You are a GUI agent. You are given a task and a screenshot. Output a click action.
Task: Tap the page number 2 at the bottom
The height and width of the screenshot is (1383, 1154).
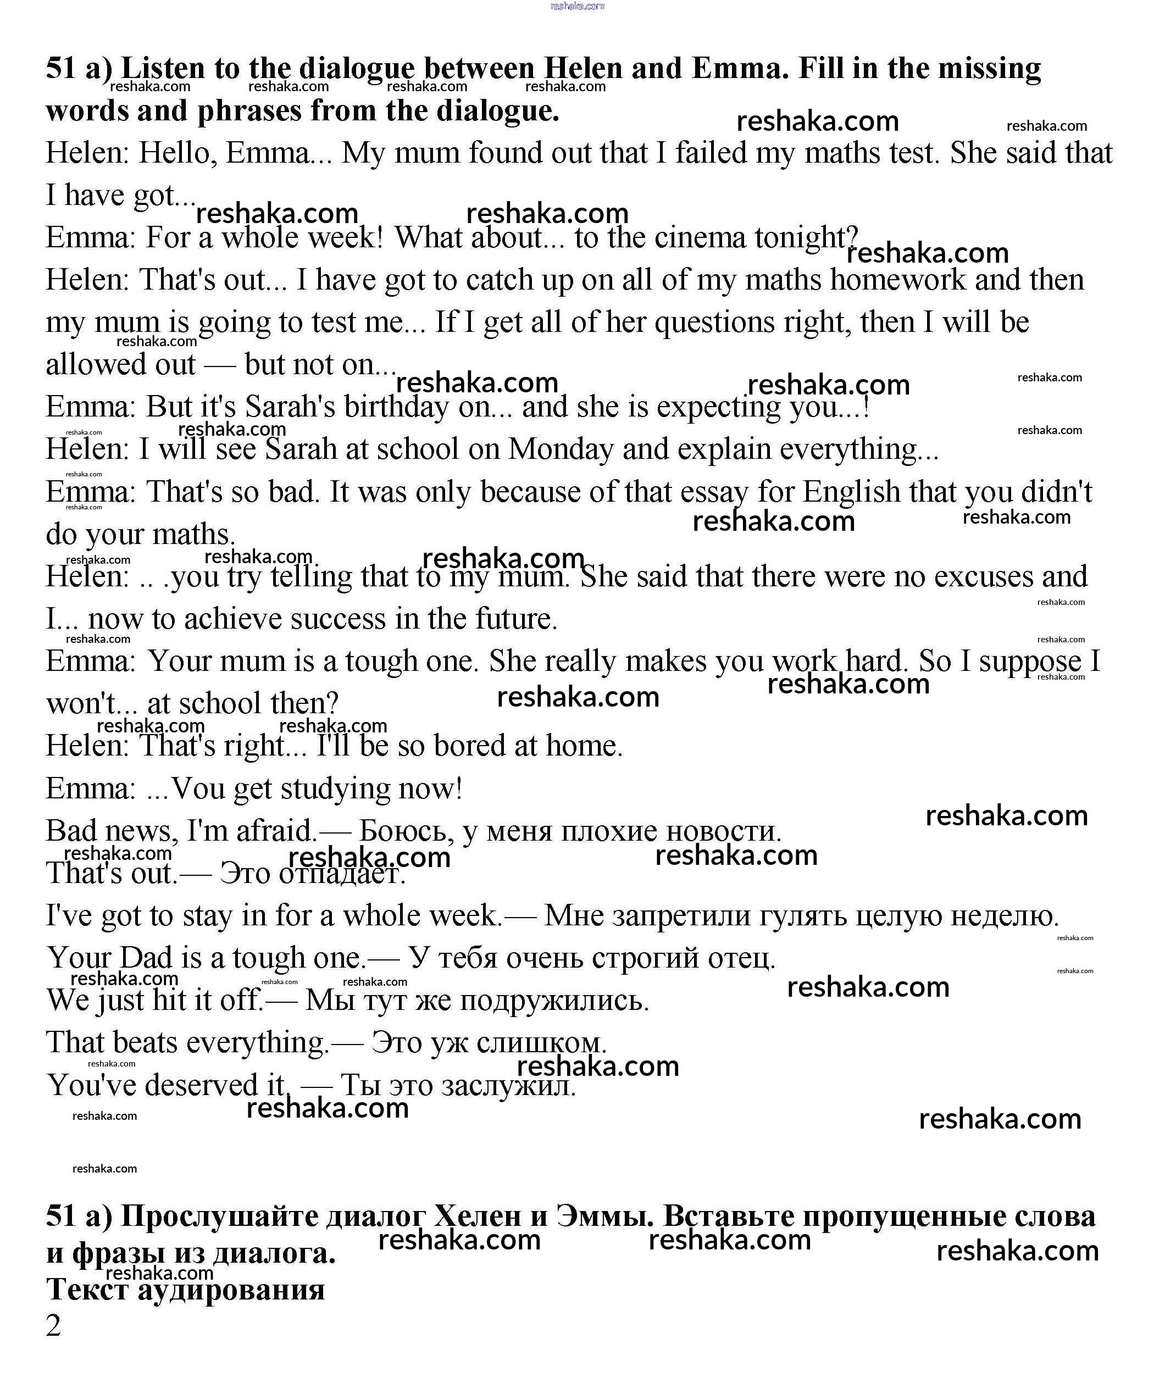pyautogui.click(x=53, y=1326)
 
